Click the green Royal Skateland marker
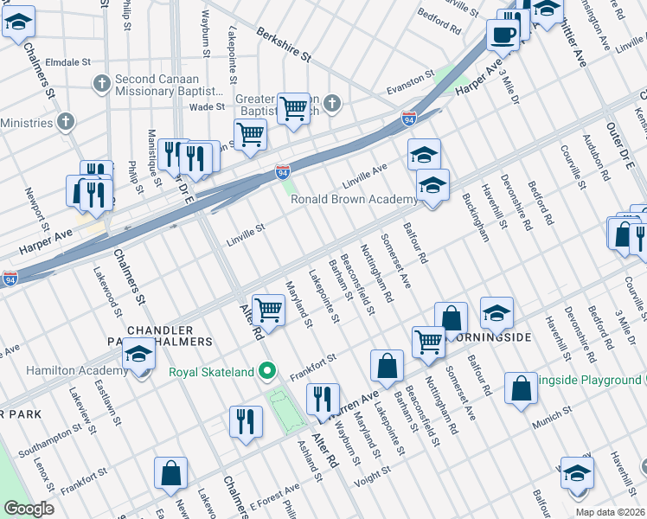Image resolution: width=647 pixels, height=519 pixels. (268, 372)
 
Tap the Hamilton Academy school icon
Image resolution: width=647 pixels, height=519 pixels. (138, 357)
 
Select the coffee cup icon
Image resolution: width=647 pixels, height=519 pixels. (503, 35)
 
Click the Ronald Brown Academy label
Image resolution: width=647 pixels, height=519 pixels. (353, 199)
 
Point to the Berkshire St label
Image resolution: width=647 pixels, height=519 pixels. (283, 45)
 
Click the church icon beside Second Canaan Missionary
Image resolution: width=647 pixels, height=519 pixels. (101, 84)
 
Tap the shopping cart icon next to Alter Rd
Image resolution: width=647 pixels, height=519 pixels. (270, 309)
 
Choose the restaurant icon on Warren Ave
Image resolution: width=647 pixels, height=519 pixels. (322, 400)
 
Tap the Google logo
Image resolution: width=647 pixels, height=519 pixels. (28, 509)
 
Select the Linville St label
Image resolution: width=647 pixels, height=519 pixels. (244, 232)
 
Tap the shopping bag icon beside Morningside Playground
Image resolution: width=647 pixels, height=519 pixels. (521, 389)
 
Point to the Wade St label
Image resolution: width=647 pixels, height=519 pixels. (207, 107)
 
